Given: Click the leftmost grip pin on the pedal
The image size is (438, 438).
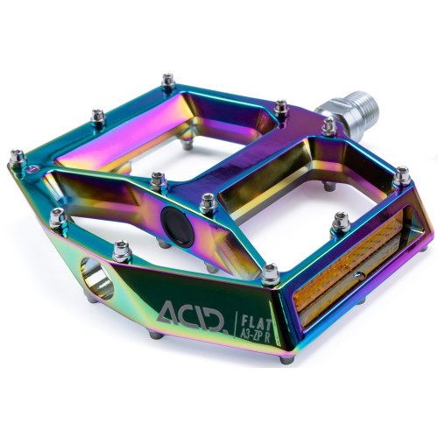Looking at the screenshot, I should [15, 157].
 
